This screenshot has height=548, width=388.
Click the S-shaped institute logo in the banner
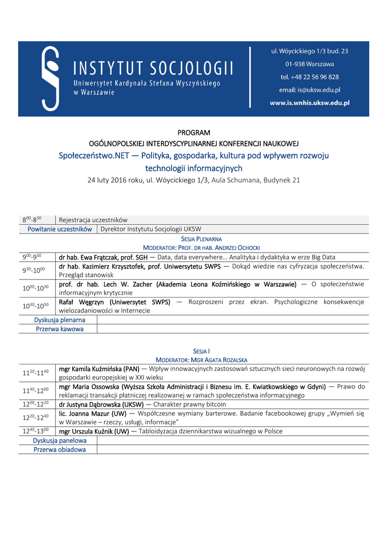[x=50, y=78]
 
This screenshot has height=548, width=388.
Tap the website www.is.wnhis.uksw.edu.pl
[x=309, y=103]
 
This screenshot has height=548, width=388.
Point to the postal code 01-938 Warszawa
[x=309, y=64]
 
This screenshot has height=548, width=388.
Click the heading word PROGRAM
[x=194, y=133]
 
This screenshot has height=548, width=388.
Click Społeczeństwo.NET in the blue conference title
[x=98, y=156]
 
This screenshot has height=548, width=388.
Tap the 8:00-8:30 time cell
[x=32, y=220]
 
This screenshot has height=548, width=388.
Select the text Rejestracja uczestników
[x=93, y=220]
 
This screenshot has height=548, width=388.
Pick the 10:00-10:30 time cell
[x=36, y=288]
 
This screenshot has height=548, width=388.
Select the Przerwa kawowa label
[x=59, y=329]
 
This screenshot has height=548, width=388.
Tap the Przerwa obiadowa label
[x=59, y=450]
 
